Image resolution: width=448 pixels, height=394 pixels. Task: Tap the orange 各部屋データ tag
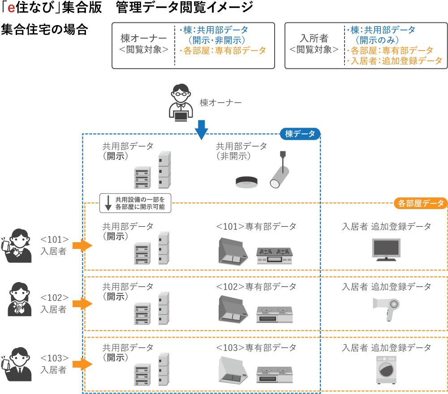(x=421, y=203)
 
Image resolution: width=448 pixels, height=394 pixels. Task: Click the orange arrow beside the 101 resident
(x=82, y=245)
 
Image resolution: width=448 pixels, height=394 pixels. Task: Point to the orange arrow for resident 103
(x=82, y=364)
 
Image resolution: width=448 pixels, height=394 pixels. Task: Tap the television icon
(x=386, y=249)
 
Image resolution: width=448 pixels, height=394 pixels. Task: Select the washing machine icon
(x=386, y=370)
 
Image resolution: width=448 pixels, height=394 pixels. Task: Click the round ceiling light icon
(x=247, y=181)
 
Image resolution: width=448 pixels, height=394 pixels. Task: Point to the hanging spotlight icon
(x=280, y=171)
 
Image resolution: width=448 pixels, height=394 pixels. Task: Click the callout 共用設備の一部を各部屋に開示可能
(x=135, y=203)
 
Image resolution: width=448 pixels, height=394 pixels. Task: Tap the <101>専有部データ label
(x=256, y=227)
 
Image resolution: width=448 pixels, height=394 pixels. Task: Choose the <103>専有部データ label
(x=256, y=347)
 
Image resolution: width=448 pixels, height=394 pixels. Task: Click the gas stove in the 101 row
(x=274, y=256)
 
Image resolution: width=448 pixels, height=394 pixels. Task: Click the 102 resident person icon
(x=20, y=300)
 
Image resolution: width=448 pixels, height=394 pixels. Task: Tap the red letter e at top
(x=11, y=9)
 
